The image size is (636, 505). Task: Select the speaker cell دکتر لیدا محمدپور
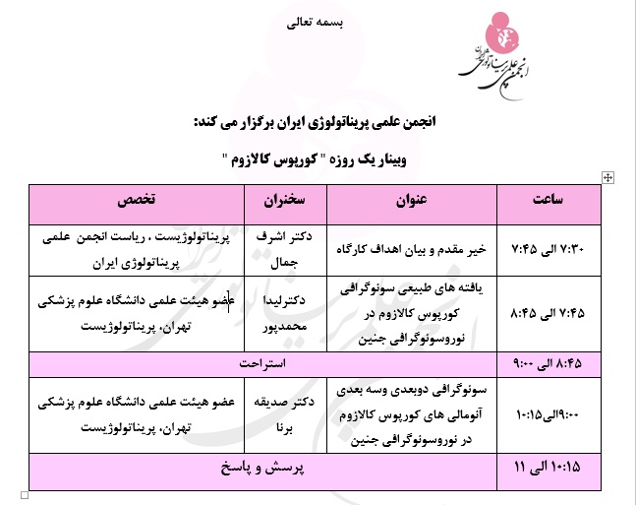[x=280, y=314]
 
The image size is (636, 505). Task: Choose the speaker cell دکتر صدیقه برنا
[x=280, y=410]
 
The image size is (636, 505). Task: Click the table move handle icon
[x=607, y=176]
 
